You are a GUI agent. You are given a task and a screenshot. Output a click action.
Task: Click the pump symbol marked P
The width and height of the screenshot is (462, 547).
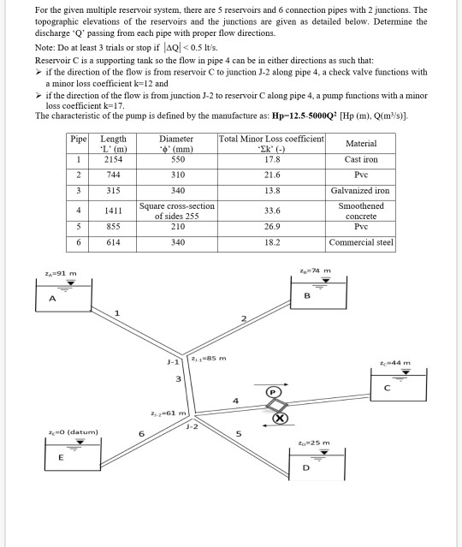click(x=273, y=392)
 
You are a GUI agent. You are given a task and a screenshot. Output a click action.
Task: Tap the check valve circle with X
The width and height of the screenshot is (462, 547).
click(x=280, y=419)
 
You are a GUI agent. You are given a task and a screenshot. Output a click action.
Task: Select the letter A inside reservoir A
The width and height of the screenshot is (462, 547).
click(x=52, y=299)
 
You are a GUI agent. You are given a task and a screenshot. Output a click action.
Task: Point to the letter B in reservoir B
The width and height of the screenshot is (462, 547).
click(x=307, y=296)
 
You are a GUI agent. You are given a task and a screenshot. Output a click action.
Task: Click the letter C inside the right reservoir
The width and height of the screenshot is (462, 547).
click(x=387, y=388)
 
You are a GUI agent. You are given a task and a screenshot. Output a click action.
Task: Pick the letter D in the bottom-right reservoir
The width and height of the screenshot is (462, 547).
click(x=305, y=467)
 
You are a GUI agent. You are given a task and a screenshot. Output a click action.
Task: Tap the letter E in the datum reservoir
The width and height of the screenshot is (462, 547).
click(x=61, y=457)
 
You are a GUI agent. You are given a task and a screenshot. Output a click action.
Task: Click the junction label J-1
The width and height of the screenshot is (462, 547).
click(x=173, y=362)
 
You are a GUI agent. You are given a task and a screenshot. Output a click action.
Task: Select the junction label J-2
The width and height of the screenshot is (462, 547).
click(x=192, y=426)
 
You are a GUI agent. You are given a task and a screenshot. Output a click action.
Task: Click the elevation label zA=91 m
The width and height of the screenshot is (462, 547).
click(x=61, y=274)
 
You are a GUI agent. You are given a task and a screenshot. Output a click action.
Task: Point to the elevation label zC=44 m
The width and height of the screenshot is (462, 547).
click(x=395, y=363)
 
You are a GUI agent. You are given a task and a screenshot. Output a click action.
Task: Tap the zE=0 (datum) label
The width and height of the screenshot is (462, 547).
click(x=74, y=432)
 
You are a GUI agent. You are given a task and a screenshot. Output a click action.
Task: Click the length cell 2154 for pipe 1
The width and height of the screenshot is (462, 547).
click(x=113, y=159)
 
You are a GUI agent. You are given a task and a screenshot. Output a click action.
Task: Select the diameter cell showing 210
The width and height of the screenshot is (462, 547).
click(x=178, y=226)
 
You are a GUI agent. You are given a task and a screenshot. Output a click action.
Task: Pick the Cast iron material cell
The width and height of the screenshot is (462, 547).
click(x=361, y=159)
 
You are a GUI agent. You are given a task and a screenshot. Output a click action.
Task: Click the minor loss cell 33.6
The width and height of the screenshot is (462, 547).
click(x=272, y=211)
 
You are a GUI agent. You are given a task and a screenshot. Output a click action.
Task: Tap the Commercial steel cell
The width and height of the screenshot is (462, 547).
click(x=361, y=242)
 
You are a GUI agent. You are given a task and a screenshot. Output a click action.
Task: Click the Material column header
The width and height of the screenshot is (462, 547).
click(x=361, y=143)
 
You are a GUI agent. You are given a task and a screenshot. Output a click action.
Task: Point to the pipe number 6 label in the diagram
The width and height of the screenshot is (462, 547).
click(x=141, y=434)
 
